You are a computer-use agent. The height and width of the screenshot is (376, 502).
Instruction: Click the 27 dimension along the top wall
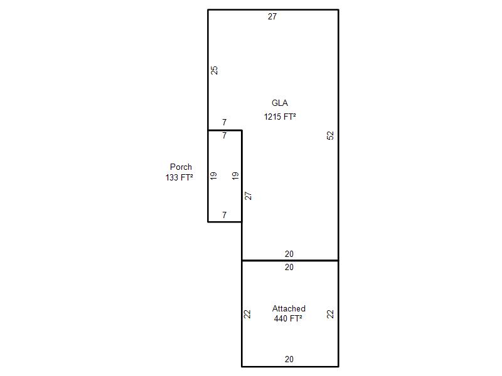pos(272,17)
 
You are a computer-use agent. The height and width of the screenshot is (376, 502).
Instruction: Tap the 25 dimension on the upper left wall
pos(214,70)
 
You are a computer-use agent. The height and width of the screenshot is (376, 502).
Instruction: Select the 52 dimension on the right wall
pos(330,135)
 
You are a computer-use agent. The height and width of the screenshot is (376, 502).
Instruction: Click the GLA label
pos(279,103)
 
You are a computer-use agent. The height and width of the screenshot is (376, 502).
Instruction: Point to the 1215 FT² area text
pos(280,117)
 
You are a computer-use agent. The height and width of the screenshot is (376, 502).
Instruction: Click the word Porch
pos(181,167)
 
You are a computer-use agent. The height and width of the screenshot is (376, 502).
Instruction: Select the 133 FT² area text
pos(179,177)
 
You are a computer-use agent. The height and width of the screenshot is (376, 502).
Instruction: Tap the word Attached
pos(289,308)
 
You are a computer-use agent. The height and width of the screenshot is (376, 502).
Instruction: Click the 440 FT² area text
pos(288,318)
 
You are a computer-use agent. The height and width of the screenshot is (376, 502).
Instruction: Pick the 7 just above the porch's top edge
pos(225,122)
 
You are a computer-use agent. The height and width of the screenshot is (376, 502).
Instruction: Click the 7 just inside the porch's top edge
pos(225,135)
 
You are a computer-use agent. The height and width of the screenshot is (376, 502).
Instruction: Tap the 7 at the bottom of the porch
pos(225,215)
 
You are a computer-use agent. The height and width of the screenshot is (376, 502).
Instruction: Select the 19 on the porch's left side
pos(213,175)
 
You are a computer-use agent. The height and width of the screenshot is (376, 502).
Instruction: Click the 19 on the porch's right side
pos(235,175)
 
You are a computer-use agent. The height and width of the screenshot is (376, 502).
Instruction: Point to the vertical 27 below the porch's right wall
pos(248,196)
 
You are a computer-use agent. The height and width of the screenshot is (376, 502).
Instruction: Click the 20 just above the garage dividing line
pos(289,254)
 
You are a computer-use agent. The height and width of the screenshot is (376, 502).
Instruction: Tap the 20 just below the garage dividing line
pos(289,268)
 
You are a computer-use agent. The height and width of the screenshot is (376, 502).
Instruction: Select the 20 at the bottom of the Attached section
pos(289,359)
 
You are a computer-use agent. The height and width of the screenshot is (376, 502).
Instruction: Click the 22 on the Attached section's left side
pos(247,314)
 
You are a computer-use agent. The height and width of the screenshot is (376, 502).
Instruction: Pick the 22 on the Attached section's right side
pos(330,314)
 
